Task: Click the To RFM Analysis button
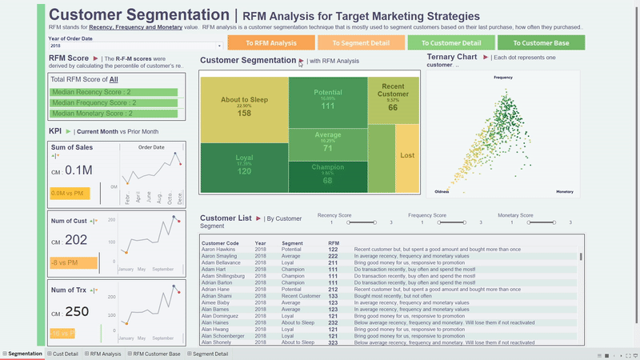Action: pyautogui.click(x=270, y=42)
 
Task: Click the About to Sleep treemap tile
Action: pyautogui.click(x=244, y=104)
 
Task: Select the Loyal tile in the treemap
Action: pyautogui.click(x=244, y=164)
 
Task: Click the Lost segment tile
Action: pyautogui.click(x=407, y=155)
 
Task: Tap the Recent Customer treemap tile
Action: pyautogui.click(x=393, y=97)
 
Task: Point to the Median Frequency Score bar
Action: pyautogui.click(x=113, y=103)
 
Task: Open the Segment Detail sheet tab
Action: pyautogui.click(x=210, y=354)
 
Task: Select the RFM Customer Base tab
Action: pyautogui.click(x=157, y=354)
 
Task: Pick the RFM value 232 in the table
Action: pyautogui.click(x=333, y=322)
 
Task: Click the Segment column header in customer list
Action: pyautogui.click(x=293, y=242)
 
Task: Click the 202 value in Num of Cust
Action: pyautogui.click(x=76, y=240)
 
